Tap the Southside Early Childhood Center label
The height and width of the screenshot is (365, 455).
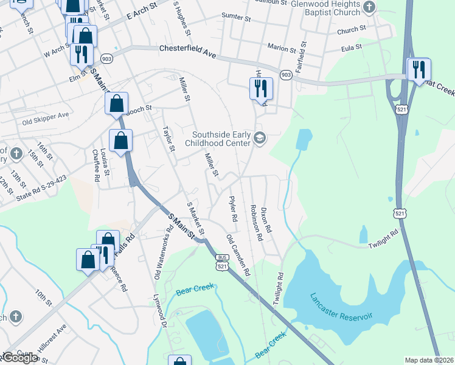pyautogui.click(x=221, y=139)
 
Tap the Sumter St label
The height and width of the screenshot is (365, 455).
pyautogui.click(x=237, y=18)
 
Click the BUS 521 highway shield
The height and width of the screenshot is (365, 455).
pyautogui.click(x=223, y=263)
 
